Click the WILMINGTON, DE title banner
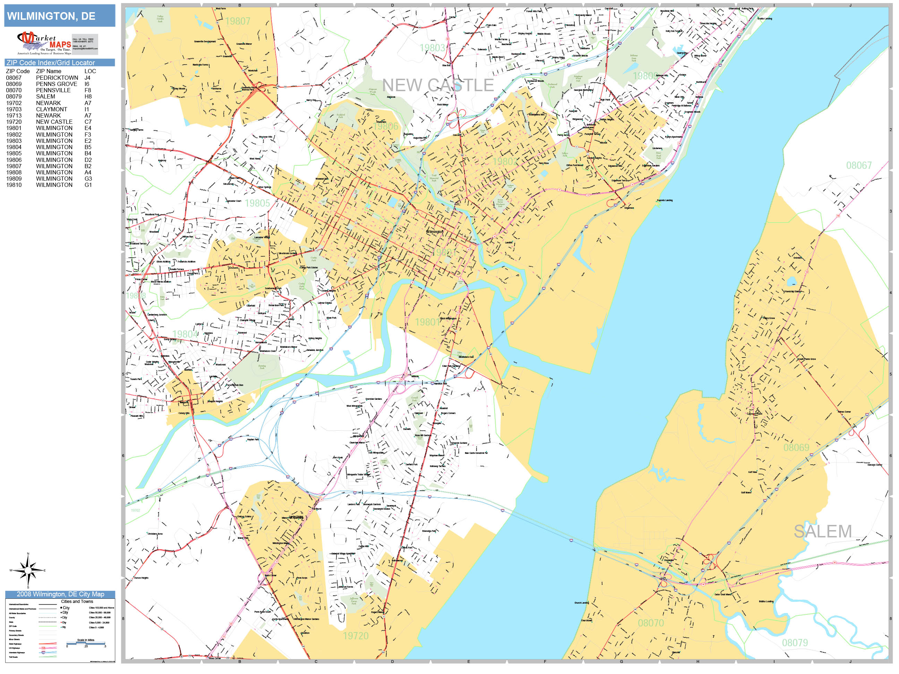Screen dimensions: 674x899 (x=59, y=16)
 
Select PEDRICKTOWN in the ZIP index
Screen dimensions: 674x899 (x=57, y=78)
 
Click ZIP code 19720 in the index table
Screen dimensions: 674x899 (x=14, y=122)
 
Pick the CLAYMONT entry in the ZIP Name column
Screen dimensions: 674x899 (x=51, y=109)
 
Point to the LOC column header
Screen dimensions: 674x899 (x=90, y=71)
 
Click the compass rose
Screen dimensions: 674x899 (x=28, y=570)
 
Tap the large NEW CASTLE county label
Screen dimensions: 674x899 (x=438, y=85)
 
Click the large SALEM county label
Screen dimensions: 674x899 (x=823, y=532)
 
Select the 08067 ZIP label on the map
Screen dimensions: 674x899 (x=858, y=165)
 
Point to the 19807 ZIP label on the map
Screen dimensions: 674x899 (x=238, y=21)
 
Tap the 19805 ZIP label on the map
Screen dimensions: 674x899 (x=257, y=203)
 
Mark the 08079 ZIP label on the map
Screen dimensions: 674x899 (x=795, y=643)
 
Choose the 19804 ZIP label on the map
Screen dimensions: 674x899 (x=185, y=334)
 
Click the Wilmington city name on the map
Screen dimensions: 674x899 (x=435, y=232)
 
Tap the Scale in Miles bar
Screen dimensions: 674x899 (x=86, y=643)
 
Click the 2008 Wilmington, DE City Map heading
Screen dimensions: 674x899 (x=60, y=594)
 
